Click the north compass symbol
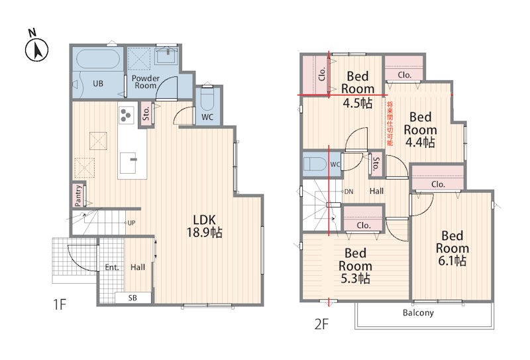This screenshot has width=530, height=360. [36, 47]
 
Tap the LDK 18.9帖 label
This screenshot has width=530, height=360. [204, 226]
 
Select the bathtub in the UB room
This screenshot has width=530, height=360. [97, 59]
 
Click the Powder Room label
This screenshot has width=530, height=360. [145, 82]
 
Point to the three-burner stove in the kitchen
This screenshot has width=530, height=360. [126, 114]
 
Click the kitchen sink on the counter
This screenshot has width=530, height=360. [129, 163]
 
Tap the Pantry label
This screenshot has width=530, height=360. [78, 195]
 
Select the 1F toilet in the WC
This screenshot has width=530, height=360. [207, 99]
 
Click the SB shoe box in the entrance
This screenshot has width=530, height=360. [132, 298]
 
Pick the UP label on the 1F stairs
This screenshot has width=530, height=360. [131, 223]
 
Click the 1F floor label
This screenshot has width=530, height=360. [60, 304]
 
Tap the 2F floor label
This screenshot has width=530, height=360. [321, 324]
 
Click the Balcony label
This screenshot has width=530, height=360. [418, 313]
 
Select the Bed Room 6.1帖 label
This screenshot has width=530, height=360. [452, 248]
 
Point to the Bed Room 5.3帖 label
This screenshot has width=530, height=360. [355, 266]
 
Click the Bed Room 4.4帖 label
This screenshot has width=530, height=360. [420, 129]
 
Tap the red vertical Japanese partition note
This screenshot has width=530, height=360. [390, 123]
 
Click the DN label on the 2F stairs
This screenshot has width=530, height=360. [348, 192]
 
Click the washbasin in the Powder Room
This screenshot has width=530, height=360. [166, 55]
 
